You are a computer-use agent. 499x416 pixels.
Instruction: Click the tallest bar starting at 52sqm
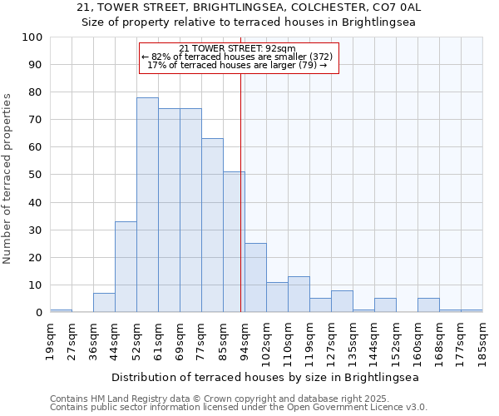point(147,205)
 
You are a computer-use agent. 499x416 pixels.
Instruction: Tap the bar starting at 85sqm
point(234,242)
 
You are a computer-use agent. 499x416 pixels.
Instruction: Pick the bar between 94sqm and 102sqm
point(255,278)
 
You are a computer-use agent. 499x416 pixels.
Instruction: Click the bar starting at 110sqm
point(299,295)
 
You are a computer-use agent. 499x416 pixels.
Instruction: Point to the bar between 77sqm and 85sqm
point(212,225)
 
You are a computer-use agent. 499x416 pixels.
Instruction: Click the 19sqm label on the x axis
point(51,340)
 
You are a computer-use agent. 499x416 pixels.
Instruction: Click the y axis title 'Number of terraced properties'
point(7,178)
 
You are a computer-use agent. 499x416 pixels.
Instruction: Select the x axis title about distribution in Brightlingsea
point(264,377)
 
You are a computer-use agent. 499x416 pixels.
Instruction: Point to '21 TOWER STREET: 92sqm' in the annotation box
point(237,49)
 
